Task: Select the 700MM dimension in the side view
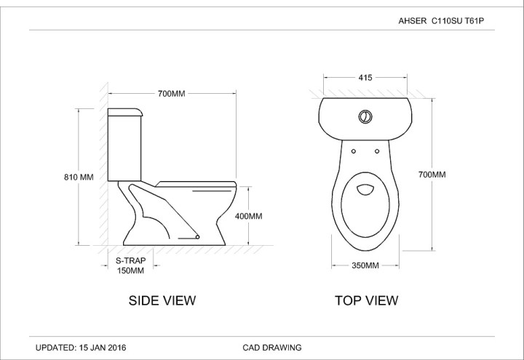tap(172, 94)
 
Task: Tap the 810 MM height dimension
tap(79, 177)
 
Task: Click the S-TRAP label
tap(131, 260)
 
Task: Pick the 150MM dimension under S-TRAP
tap(131, 271)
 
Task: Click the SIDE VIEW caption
tap(162, 300)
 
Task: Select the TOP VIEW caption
tap(366, 300)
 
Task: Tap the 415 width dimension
tap(365, 77)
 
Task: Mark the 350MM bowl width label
tap(365, 266)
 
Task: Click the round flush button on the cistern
tap(365, 116)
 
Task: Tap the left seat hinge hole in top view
tap(353, 151)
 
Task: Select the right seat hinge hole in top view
tap(378, 151)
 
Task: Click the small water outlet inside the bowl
tap(365, 190)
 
